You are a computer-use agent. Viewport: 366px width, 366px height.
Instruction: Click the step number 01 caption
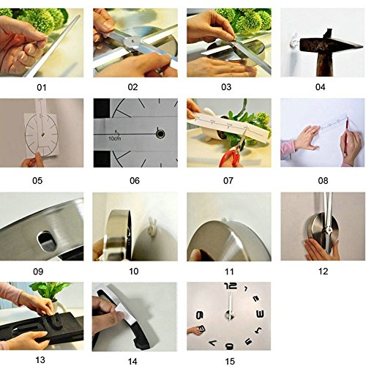42,87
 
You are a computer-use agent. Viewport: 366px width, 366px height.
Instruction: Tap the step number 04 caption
320,87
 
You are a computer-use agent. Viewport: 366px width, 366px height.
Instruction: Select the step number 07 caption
228,181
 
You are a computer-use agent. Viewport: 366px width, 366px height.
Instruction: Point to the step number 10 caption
134,271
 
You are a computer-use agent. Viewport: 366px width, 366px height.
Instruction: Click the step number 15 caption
230,361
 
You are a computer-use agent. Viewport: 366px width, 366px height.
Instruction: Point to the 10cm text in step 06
115,138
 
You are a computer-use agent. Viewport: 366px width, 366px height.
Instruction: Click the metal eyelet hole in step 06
160,134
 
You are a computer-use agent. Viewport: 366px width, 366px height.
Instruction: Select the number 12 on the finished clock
231,285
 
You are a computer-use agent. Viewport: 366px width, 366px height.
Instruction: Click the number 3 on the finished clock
260,314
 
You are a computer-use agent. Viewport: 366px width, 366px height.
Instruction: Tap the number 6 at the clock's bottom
229,346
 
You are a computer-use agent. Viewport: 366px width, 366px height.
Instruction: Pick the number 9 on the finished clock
200,315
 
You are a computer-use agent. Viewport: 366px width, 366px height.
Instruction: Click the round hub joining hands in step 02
132,42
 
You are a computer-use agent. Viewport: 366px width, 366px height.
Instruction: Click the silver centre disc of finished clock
229,315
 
